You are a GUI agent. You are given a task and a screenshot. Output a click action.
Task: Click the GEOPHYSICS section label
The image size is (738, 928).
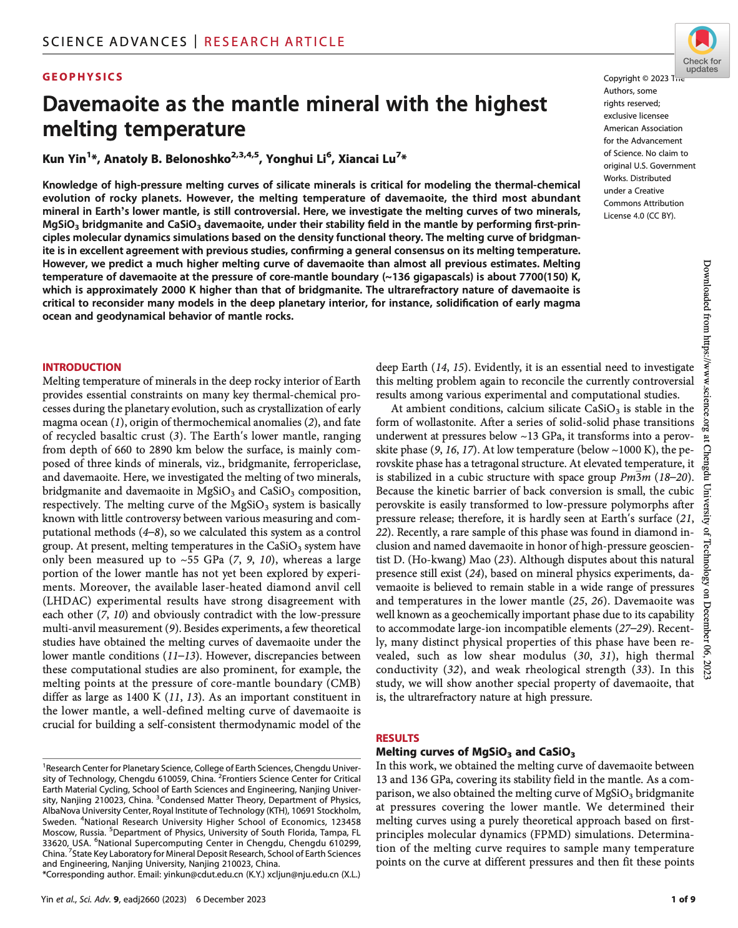click(83, 77)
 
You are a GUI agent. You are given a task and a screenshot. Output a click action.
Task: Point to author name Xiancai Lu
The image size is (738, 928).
click(367, 159)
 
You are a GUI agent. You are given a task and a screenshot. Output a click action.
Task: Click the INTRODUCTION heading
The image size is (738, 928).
click(82, 367)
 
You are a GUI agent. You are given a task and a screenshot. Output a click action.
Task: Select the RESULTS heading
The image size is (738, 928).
click(397, 738)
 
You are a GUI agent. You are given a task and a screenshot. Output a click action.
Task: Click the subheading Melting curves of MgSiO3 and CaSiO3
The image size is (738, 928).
click(475, 752)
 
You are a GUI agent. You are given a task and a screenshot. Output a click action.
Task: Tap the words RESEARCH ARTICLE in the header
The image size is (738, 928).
click(274, 42)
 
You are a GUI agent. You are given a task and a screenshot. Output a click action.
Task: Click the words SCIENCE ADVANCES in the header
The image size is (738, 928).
click(115, 42)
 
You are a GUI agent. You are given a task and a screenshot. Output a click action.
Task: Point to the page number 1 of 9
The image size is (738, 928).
click(682, 899)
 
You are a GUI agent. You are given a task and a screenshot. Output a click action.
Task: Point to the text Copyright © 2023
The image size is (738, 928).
click(636, 79)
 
